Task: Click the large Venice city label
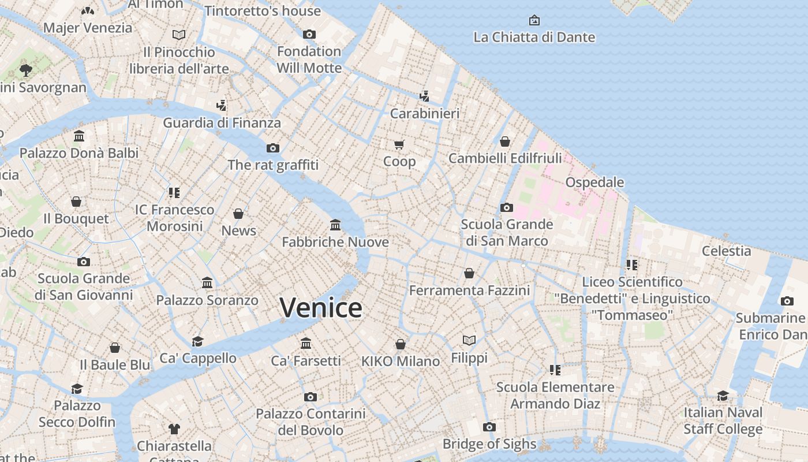[321, 307]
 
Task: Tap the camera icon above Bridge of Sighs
[489, 427]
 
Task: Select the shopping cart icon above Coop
[399, 144]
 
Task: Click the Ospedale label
[594, 182]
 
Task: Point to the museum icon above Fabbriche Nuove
[335, 225]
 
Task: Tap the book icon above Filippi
[469, 341]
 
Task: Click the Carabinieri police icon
[425, 96]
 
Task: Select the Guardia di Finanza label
[222, 122]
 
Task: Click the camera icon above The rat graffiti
[273, 148]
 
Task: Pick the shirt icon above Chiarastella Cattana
[174, 429]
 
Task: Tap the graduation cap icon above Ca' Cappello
[198, 341]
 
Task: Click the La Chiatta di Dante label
[534, 38]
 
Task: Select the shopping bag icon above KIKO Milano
[400, 344]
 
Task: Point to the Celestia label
[726, 251]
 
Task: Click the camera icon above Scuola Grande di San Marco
[507, 207]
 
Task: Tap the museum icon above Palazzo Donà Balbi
[79, 136]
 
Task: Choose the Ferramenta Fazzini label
[469, 290]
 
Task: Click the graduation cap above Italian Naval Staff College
[723, 396]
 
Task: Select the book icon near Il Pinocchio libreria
[179, 35]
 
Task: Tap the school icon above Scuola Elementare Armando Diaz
[555, 370]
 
